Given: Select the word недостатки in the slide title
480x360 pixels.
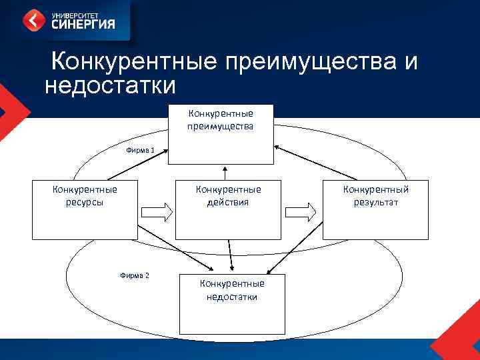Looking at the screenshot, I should tap(110, 86).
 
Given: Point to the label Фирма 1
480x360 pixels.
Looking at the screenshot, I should tap(141, 150).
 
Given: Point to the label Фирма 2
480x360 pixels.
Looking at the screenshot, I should tap(134, 275).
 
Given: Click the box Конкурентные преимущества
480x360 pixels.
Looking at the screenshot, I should tap(221, 134).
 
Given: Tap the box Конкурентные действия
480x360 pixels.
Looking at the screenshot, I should tap(228, 209).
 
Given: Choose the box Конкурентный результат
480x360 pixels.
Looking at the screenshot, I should tap(375, 209).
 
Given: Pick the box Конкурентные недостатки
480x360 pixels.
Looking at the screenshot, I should tap(231, 303).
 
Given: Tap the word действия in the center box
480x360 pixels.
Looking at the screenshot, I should tap(228, 202).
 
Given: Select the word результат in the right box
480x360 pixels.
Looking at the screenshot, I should tap(376, 202).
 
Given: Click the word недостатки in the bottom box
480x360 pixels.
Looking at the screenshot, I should tap(232, 297).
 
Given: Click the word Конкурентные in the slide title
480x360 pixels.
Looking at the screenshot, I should tap(134, 62).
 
